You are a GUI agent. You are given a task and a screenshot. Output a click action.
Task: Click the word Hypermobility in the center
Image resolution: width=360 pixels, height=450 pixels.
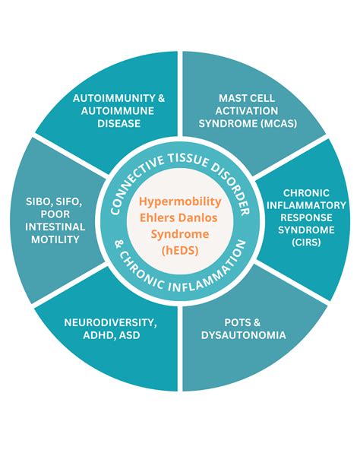click(x=179, y=201)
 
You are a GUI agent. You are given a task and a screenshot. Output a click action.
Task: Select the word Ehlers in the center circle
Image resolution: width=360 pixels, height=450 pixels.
click(x=158, y=218)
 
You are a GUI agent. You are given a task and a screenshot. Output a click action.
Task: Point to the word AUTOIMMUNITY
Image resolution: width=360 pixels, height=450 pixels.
click(x=106, y=98)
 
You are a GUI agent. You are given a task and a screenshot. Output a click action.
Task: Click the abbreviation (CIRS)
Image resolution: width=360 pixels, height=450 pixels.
click(x=305, y=242)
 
